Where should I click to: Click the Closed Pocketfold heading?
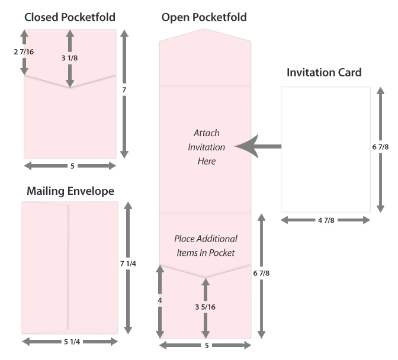70,17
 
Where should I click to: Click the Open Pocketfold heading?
204,18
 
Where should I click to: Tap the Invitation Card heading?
324,73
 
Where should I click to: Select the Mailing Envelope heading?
70,191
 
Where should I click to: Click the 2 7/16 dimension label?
24,52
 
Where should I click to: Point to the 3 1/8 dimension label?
70,58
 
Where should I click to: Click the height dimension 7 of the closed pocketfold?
124,90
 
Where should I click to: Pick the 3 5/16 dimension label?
205,307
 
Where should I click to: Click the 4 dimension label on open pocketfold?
160,301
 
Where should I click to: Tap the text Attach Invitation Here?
206,147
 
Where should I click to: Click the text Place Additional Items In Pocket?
206,245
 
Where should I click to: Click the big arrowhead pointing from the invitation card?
249,146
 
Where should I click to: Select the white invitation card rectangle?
325,148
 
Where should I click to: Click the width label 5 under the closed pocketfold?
72,166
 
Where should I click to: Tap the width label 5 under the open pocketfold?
206,345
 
